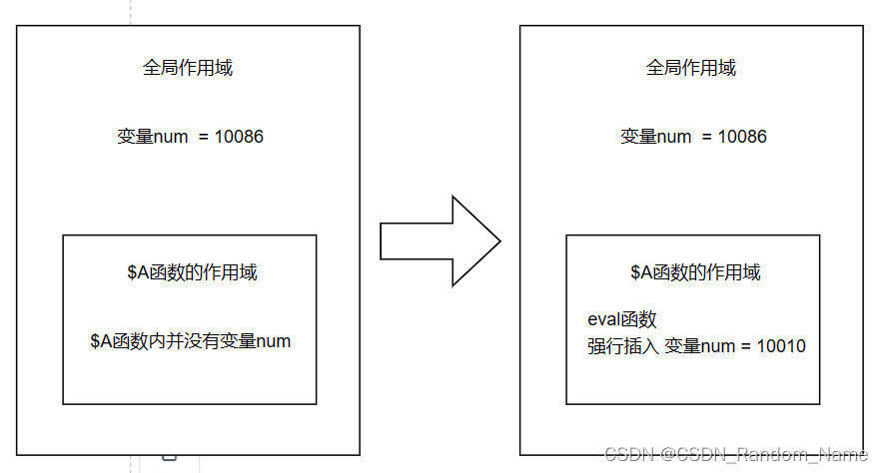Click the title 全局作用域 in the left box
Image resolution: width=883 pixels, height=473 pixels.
(188, 68)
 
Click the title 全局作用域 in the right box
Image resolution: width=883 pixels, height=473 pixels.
(691, 68)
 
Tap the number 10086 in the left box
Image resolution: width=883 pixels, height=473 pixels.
(239, 137)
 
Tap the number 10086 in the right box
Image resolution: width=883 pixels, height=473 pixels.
(742, 137)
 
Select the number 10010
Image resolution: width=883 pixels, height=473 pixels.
(781, 346)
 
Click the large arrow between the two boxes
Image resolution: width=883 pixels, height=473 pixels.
(441, 241)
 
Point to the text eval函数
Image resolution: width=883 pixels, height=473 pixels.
(622, 319)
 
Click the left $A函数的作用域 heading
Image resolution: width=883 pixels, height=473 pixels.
(192, 272)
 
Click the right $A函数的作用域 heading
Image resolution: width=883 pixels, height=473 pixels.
(695, 272)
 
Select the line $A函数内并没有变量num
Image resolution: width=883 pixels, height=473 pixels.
(191, 341)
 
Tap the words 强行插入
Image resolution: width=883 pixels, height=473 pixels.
(623, 346)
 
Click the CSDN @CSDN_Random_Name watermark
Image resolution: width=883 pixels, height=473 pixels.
(736, 454)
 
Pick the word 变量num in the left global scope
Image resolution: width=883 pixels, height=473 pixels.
(153, 137)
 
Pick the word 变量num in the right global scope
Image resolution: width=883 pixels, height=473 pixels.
(656, 137)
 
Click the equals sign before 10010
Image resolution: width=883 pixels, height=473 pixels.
(745, 346)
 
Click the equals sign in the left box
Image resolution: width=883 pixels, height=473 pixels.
(204, 138)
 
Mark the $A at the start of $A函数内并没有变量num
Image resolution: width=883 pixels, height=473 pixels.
(101, 341)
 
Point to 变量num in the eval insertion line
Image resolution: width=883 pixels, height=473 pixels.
(700, 346)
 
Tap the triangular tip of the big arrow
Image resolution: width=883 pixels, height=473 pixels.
(499, 241)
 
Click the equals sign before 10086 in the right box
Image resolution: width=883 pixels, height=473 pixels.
(707, 138)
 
